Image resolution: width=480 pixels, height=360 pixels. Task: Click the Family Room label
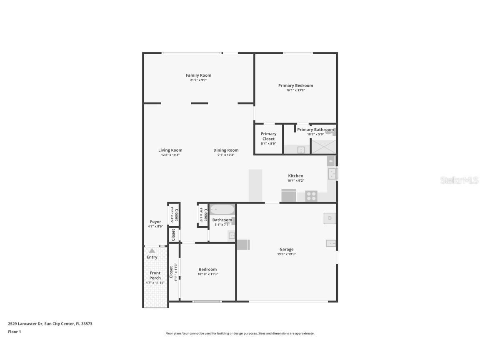tap(198, 75)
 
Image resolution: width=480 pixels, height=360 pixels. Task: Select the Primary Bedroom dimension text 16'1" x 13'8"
tap(295, 90)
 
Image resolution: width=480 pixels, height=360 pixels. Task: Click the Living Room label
tap(170, 150)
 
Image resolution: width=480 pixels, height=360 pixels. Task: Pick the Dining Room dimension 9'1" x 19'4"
tap(226, 155)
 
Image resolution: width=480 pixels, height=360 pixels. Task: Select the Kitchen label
tap(295, 176)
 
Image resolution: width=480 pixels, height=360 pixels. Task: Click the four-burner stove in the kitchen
tap(311, 196)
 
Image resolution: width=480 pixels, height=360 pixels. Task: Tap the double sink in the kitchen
tap(332, 174)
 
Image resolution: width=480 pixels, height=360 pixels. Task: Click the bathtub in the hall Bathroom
tap(222, 209)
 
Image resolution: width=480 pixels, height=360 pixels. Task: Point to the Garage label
tap(286, 249)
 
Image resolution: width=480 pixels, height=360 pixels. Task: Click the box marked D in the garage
tap(330, 218)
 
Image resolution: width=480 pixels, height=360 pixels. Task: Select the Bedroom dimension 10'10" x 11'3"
tap(207, 274)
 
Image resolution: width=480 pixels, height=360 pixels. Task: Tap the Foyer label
tap(155, 222)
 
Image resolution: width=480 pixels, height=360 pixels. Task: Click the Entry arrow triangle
tap(152, 251)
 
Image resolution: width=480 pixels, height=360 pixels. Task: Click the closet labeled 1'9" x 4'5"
tap(203, 215)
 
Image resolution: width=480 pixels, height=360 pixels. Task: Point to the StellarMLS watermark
tap(459, 180)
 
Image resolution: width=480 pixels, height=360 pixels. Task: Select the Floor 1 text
tap(14, 332)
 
